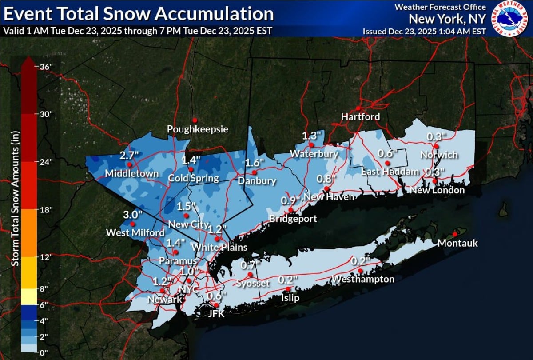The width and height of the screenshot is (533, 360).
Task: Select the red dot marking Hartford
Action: coord(358,108)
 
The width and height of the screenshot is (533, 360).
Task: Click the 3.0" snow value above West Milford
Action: coord(133,214)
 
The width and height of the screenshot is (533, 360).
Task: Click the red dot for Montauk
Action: coord(454,234)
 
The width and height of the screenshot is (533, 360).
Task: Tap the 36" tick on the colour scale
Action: coord(45,67)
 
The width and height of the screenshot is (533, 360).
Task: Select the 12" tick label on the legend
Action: coord(45,257)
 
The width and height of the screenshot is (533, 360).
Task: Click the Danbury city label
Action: coord(257,181)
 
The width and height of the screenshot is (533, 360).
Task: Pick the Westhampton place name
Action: coord(363,279)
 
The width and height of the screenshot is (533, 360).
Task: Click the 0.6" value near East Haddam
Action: coord(387,153)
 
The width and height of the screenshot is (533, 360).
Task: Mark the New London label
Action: coord(437,190)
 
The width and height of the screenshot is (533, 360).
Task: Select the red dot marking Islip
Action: coord(288,289)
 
